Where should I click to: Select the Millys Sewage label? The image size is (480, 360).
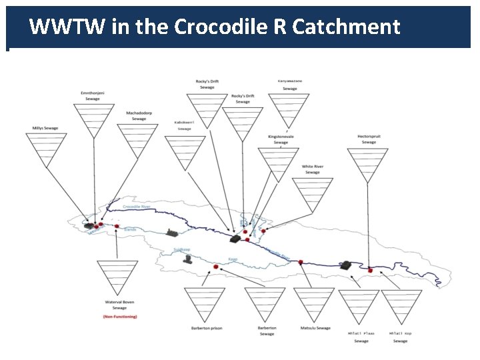tap(45, 128)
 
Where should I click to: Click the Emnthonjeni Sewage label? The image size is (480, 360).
tap(93, 95)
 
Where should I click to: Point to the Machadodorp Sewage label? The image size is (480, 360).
tap(139, 116)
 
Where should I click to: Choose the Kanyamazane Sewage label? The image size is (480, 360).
tap(289, 85)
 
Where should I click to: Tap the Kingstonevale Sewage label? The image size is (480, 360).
tap(281, 139)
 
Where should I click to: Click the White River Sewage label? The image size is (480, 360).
tap(313, 169)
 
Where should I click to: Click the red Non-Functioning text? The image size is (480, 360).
tap(120, 317)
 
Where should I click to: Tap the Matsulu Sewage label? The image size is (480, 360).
tap(315, 328)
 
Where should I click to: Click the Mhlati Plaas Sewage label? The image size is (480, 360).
tap(361, 337)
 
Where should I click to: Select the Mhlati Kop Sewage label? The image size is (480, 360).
tap(400, 337)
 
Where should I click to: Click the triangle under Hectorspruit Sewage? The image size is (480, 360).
tap(367, 164)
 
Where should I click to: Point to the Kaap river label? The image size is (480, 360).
tap(233, 259)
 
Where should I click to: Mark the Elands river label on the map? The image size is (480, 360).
tap(130, 229)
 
